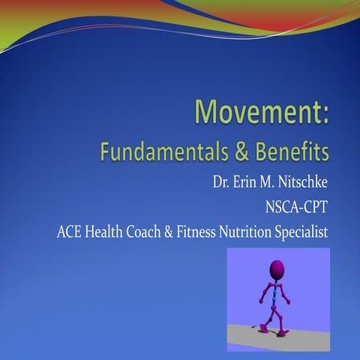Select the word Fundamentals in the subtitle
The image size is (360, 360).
[x=154, y=153]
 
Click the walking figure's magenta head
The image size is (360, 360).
[x=277, y=268]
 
